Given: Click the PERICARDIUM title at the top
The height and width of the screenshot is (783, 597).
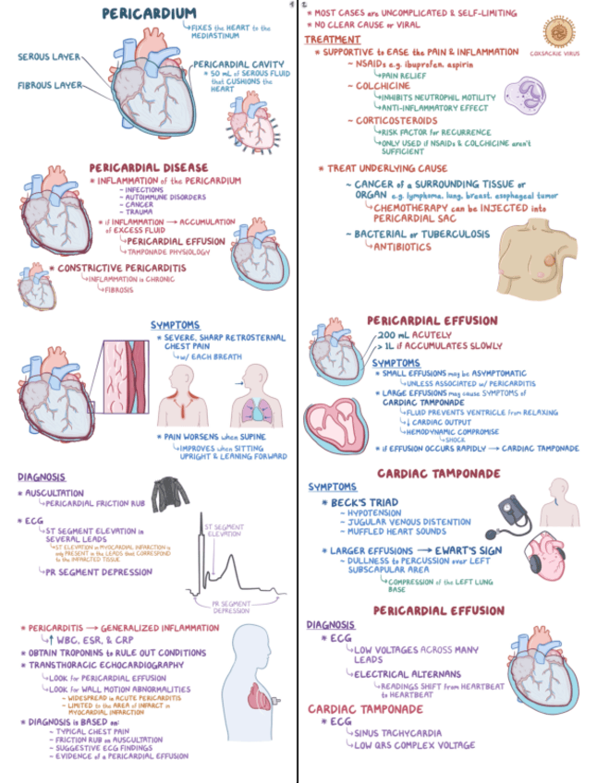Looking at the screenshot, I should tap(148, 14).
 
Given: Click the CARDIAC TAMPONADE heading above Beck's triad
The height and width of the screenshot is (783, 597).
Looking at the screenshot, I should tap(438, 474).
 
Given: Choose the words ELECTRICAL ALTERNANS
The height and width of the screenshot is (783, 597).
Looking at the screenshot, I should tap(402, 674).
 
